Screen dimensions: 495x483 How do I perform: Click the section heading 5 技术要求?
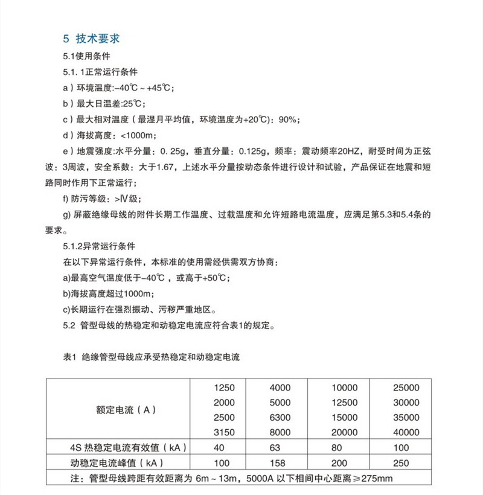(92, 39)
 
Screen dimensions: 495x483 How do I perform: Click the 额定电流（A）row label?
(125, 410)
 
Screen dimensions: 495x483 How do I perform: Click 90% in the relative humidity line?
(289, 119)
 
